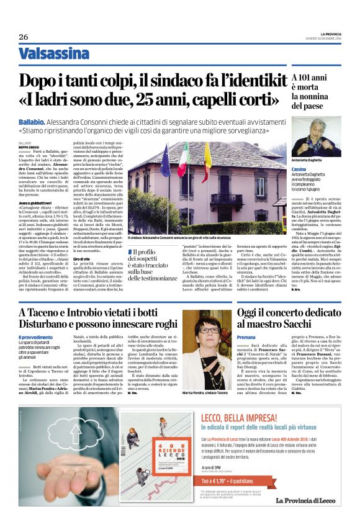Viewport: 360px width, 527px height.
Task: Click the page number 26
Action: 24,37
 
